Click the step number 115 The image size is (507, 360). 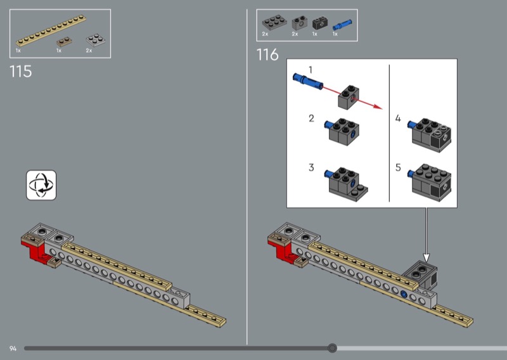pos(21,72)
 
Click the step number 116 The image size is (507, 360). pos(267,55)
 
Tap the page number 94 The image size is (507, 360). pos(13,349)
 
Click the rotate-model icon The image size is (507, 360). pos(41,185)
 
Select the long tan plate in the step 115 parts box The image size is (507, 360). pos(51,30)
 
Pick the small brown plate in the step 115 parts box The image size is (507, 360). pos(64,42)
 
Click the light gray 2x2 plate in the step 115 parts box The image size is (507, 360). pos(96,40)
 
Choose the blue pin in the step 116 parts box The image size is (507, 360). pos(342,25)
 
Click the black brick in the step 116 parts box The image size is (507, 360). pos(320,23)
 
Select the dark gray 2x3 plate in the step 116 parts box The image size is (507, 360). pos(274,22)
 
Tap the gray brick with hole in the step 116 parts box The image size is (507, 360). pos(299,23)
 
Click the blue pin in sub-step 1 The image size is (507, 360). pos(308,81)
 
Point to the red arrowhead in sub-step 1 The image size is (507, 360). pos(378,106)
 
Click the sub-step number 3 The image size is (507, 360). pos(311,167)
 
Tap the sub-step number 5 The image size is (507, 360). pos(398,167)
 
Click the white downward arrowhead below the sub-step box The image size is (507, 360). pos(427,258)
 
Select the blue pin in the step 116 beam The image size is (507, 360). pos(404,294)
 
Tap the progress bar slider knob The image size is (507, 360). pos(332,349)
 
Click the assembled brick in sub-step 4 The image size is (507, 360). pos(430,134)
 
